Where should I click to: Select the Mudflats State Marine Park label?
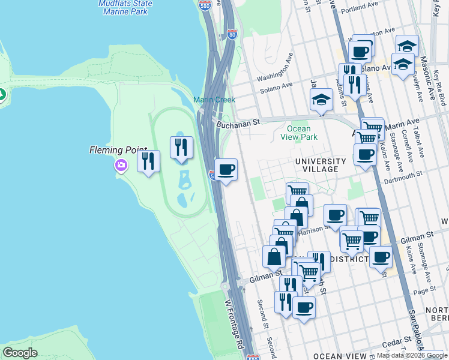tap(125, 7)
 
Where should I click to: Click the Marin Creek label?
tap(214, 100)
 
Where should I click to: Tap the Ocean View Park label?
tap(298, 133)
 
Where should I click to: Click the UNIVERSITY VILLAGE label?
tap(320, 165)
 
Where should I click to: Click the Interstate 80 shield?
tap(232, 34)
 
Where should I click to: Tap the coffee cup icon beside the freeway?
tap(226, 170)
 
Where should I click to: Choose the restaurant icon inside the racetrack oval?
tap(181, 146)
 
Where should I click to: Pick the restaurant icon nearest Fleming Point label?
tap(148, 160)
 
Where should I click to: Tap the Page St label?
tap(424, 290)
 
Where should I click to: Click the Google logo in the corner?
tap(20, 352)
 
